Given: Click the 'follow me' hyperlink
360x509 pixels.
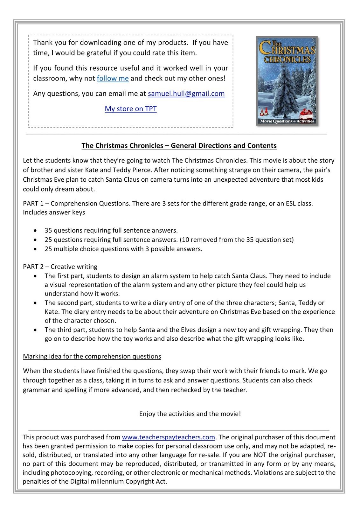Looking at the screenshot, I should pos(113,78).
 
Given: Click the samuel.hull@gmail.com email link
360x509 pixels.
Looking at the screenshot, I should pos(186,94).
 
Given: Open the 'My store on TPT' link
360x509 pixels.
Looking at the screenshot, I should pos(131,109).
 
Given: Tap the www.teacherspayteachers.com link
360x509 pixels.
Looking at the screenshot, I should pos(168,437).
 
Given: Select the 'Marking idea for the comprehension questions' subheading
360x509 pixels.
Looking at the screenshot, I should pos(92,356).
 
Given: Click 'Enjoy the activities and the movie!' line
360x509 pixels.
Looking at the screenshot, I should pos(190,414).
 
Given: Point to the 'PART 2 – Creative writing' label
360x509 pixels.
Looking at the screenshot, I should pos(60,267).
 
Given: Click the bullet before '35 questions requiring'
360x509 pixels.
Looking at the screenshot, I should pos(35,231).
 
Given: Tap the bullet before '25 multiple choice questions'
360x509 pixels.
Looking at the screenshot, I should pos(35,249).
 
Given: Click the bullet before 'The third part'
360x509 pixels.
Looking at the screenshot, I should pos(35,330).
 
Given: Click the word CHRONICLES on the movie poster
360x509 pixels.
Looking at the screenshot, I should pos(287,59).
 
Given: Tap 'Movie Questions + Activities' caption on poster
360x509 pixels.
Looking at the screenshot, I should pos(287,121).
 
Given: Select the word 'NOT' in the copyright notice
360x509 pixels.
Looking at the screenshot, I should pos(260,455).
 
